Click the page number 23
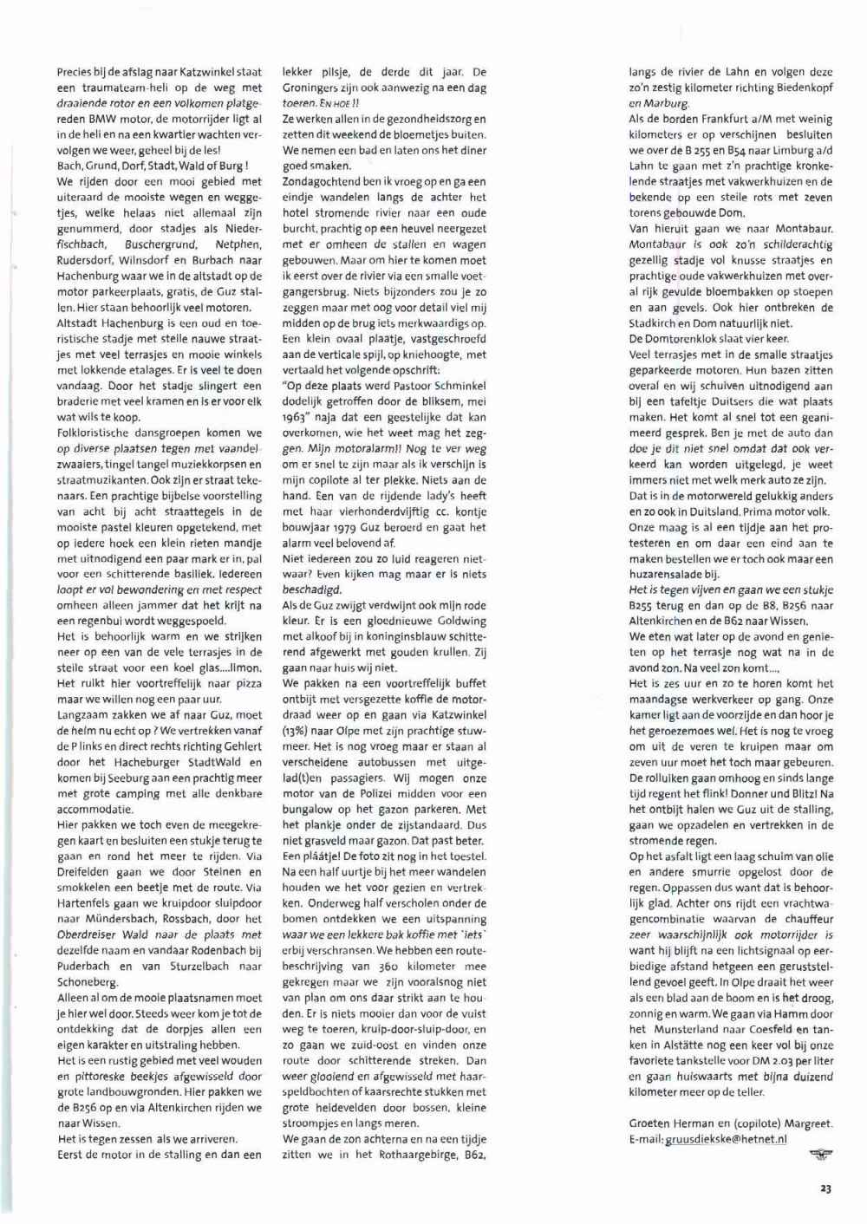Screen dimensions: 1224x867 825,1188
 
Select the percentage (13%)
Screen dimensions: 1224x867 297,731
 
